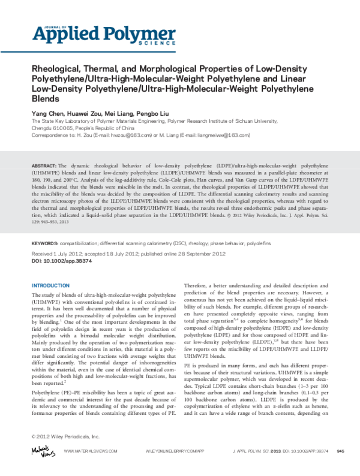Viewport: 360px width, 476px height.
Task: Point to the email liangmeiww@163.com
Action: pyautogui.click(x=208, y=135)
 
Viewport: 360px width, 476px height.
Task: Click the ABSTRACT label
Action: pyautogui.click(x=44, y=164)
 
